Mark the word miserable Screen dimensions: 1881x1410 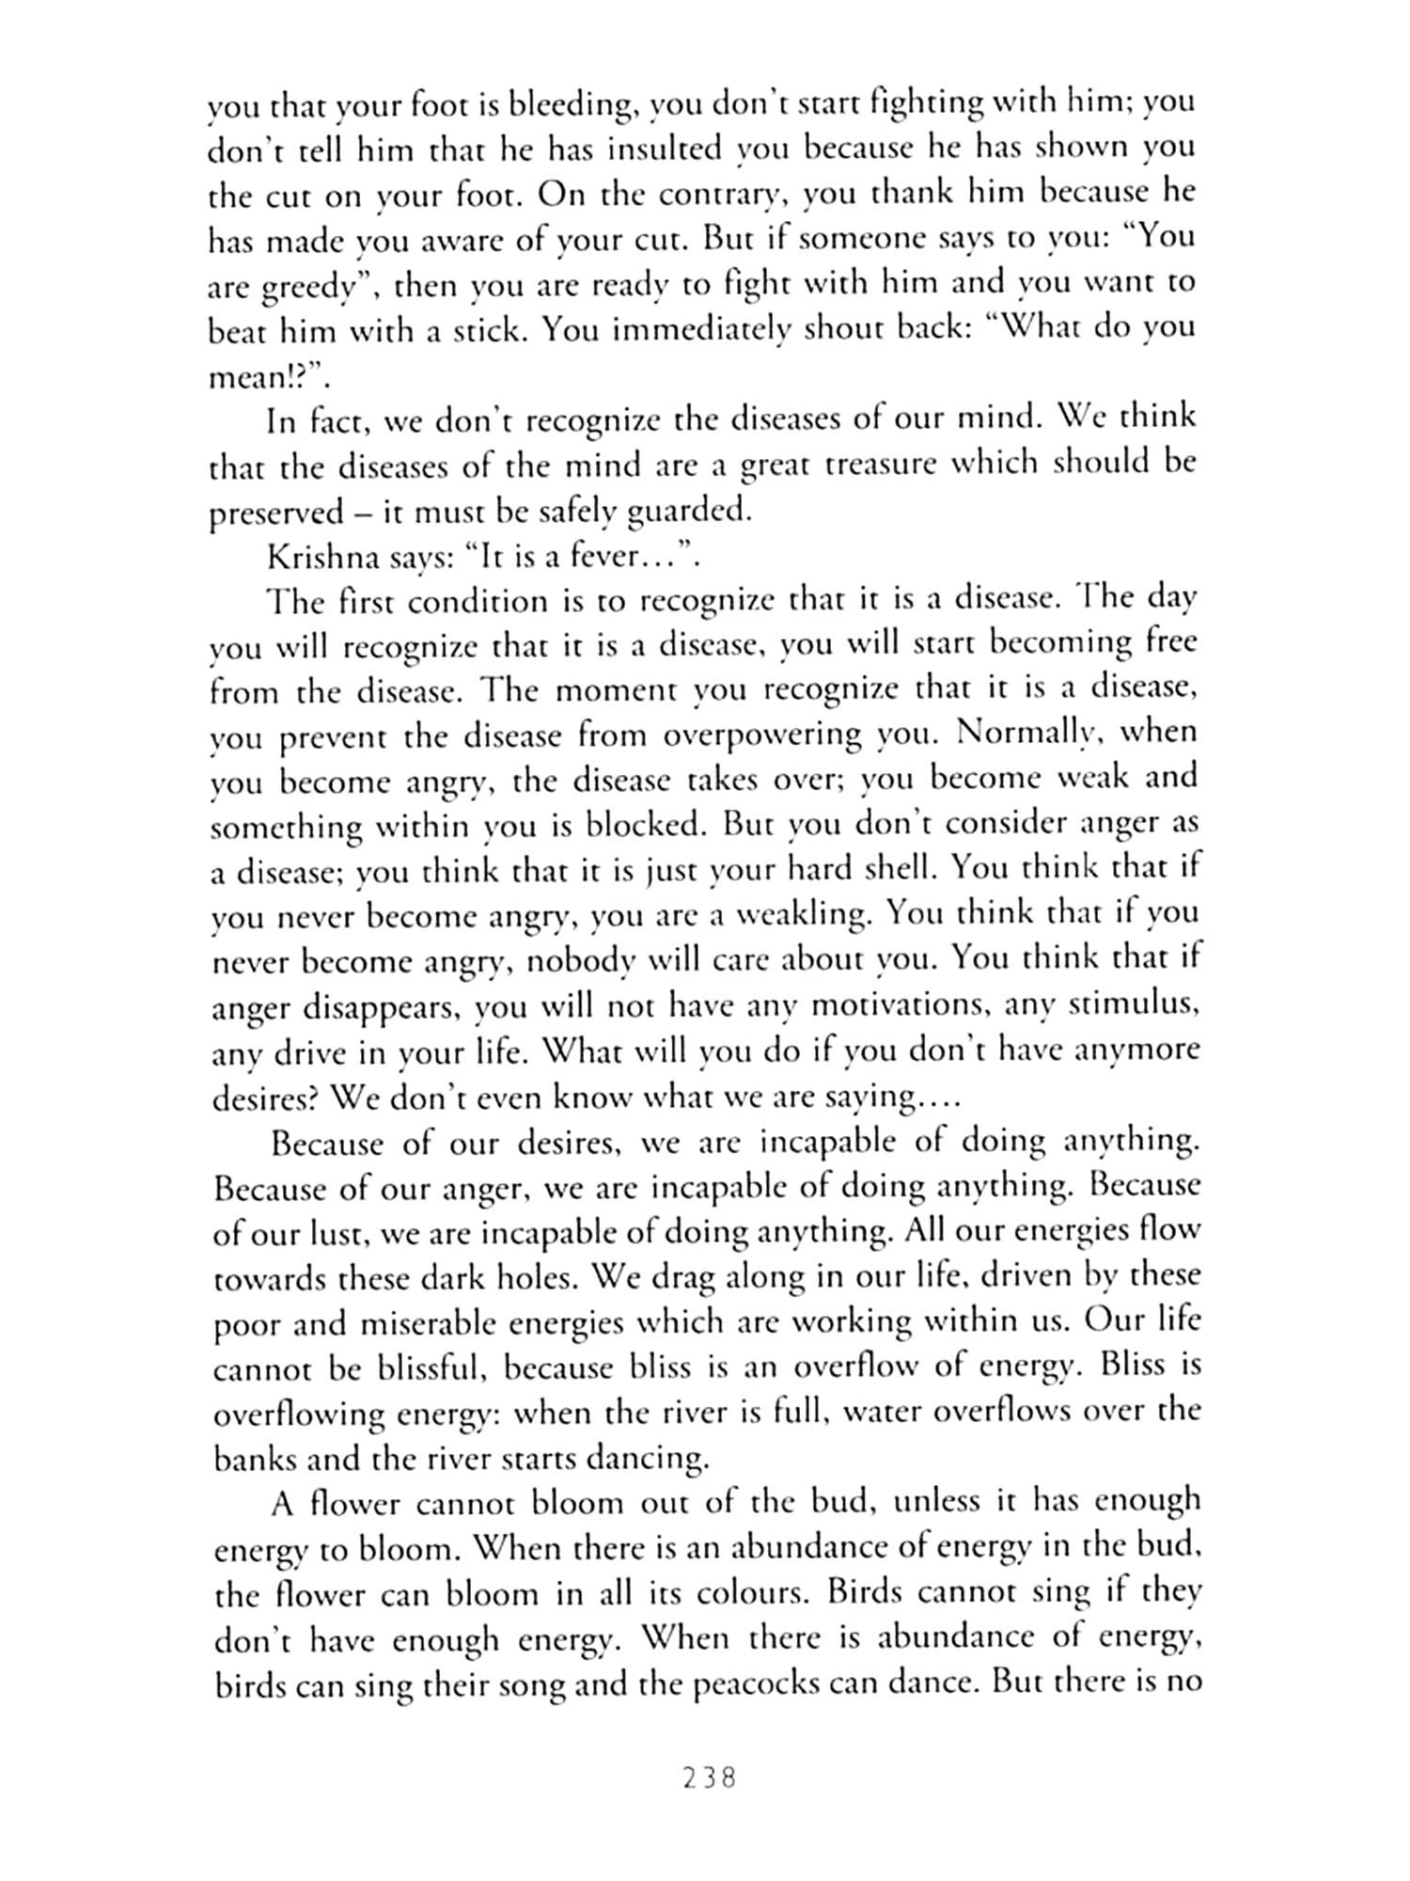point(414,1323)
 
